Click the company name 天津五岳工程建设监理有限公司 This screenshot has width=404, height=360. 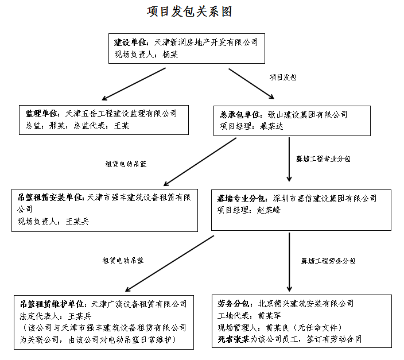click(x=122, y=114)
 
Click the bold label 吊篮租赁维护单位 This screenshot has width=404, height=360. click(x=52, y=304)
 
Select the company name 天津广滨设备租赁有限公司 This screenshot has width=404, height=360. click(x=139, y=304)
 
